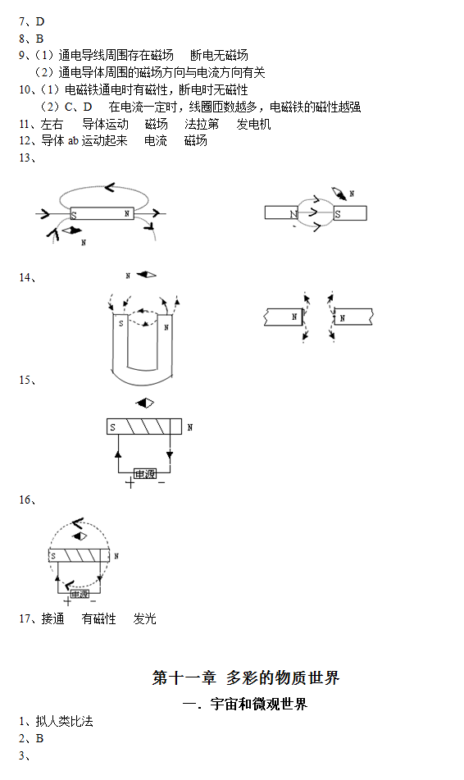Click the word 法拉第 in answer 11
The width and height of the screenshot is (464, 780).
pyautogui.click(x=202, y=124)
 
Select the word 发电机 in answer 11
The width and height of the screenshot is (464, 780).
pyautogui.click(x=253, y=124)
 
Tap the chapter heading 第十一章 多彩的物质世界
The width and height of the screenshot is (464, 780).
pyautogui.click(x=246, y=677)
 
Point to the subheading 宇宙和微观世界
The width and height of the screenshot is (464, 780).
pyautogui.click(x=258, y=704)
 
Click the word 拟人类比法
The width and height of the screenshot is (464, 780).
pyautogui.click(x=64, y=721)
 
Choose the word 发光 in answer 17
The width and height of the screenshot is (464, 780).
pyautogui.click(x=145, y=618)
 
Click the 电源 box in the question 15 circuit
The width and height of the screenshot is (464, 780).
pyautogui.click(x=145, y=474)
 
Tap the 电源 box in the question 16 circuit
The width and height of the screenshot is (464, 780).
pyautogui.click(x=80, y=594)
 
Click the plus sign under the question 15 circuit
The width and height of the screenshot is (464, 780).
pyautogui.click(x=130, y=482)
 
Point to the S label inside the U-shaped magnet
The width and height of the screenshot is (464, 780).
pyautogui.click(x=121, y=323)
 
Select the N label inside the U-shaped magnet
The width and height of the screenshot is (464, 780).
pyautogui.click(x=166, y=327)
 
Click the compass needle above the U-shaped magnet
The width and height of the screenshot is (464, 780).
pyautogui.click(x=146, y=275)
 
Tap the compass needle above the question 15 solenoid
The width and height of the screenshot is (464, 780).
pyautogui.click(x=145, y=403)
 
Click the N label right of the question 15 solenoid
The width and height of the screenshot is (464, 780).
pyautogui.click(x=190, y=427)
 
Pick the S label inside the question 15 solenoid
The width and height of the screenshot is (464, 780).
pyautogui.click(x=113, y=427)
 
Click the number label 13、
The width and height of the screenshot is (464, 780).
pyautogui.click(x=28, y=157)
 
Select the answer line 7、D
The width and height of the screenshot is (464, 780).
pyautogui.click(x=32, y=22)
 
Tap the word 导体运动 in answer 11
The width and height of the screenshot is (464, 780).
pyautogui.click(x=106, y=124)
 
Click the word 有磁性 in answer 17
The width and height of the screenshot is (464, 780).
pyautogui.click(x=98, y=618)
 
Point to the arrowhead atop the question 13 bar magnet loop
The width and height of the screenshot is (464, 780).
pyautogui.click(x=110, y=188)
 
